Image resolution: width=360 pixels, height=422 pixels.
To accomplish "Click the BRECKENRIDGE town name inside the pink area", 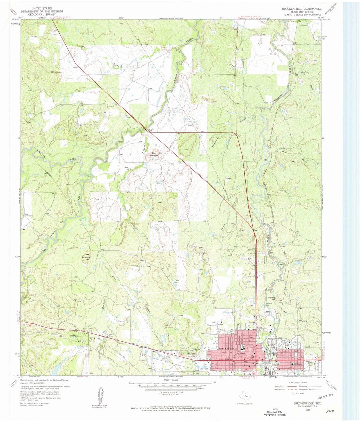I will (227, 348).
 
